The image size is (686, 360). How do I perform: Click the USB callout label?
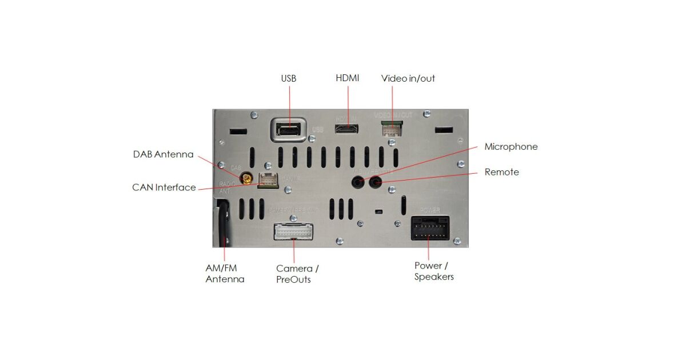pos(289,78)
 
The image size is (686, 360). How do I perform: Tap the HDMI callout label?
pos(348,78)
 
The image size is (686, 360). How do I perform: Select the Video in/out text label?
pos(408,78)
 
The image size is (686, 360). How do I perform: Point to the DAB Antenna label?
pos(163,154)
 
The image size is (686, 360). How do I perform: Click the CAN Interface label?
pos(164,187)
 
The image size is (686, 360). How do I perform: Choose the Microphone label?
pos(511,147)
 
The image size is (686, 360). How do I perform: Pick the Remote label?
pos(502,172)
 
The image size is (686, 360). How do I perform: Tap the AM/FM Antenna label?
pos(225,274)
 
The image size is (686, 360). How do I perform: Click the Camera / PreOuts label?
pos(297,274)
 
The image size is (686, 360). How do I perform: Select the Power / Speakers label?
pos(434,271)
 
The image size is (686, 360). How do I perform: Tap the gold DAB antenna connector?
pos(248,179)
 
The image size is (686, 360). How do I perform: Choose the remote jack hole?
pos(376,182)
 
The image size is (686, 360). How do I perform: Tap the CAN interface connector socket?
pos(269,180)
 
